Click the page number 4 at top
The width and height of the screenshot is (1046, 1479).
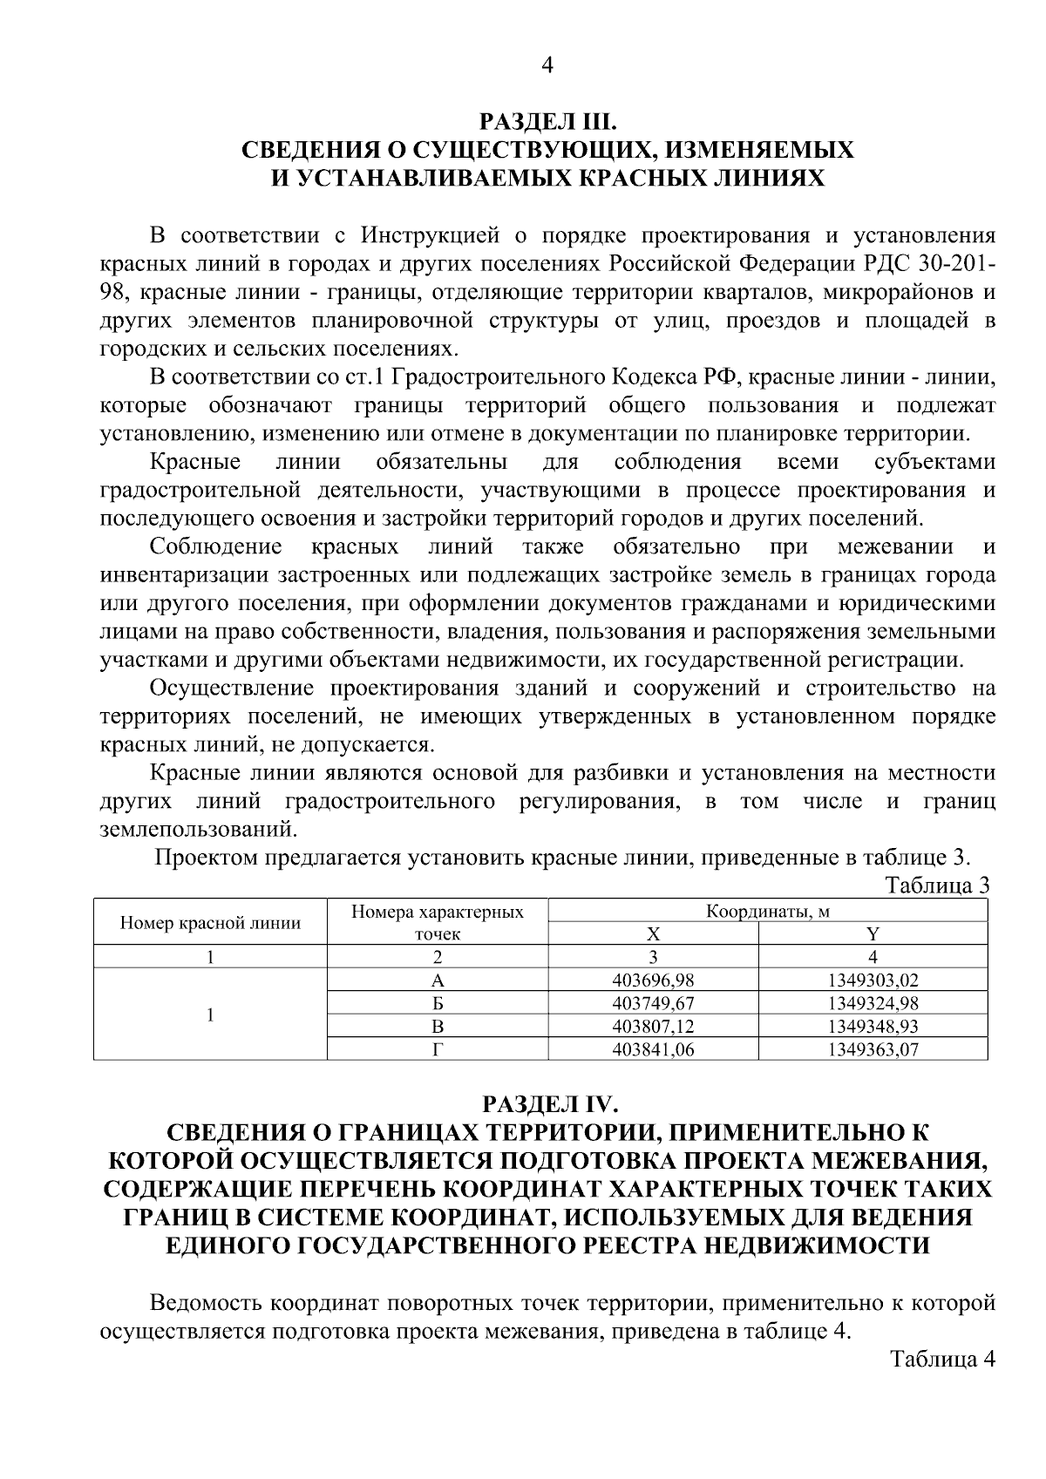coord(547,65)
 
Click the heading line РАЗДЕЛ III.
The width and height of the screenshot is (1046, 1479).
coord(547,121)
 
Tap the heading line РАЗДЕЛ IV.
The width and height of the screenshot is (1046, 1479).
coord(547,1105)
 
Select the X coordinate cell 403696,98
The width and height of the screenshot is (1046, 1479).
coord(653,980)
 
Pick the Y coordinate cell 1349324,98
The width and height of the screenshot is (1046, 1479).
coord(873,1003)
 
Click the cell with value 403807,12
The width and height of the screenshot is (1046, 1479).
coord(653,1027)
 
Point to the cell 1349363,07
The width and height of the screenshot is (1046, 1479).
coord(873,1050)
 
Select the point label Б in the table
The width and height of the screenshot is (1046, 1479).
coord(438,1003)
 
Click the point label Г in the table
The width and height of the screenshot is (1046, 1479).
coord(438,1050)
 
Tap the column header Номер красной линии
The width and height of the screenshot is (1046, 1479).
coord(210,923)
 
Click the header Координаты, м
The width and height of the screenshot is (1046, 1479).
coord(767,912)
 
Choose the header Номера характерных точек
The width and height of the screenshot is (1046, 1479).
coord(438,923)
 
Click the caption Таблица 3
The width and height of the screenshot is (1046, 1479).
coord(938,885)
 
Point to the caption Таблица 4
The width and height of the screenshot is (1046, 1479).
coord(941,1359)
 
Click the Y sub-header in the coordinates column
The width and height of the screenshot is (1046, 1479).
coord(873,933)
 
